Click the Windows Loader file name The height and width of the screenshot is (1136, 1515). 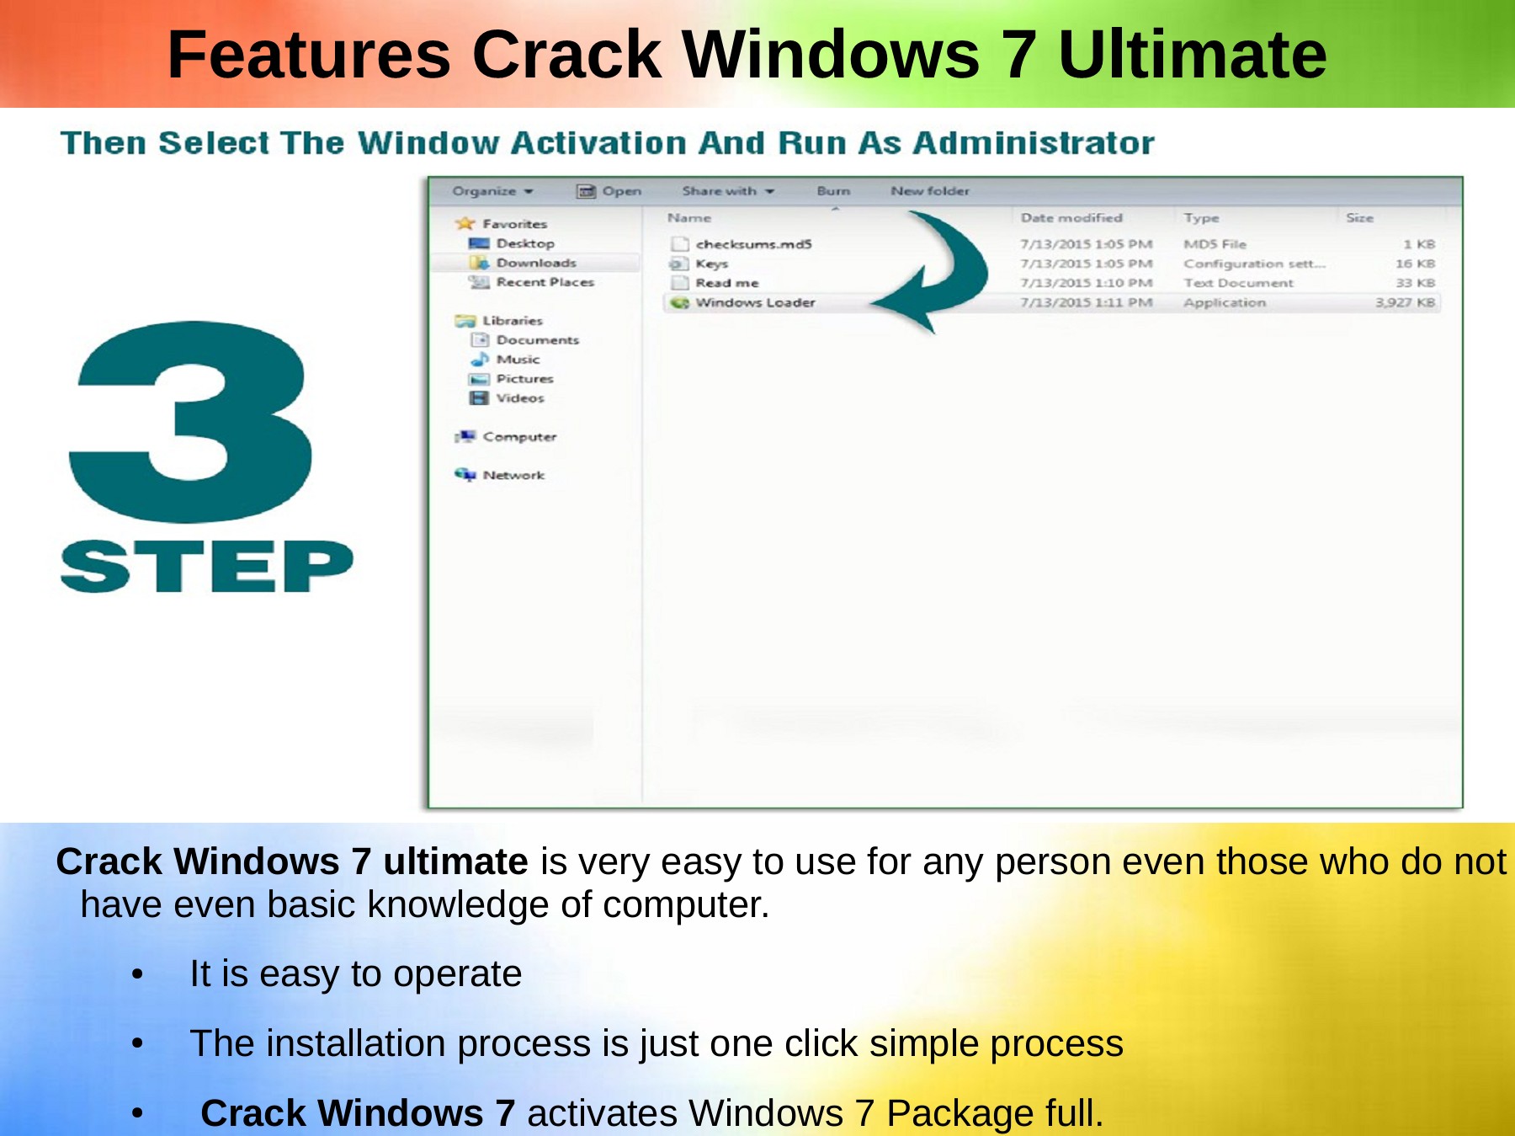(x=755, y=302)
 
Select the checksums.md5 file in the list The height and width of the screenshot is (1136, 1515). (x=753, y=244)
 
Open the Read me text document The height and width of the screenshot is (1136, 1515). (x=727, y=283)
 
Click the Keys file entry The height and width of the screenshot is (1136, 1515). (x=711, y=264)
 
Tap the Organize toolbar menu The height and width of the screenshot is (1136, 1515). (x=492, y=191)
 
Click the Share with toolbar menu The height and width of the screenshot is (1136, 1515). (x=728, y=191)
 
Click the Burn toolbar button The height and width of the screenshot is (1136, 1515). (x=833, y=191)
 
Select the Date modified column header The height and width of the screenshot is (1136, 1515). (x=1071, y=217)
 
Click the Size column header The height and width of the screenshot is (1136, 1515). (x=1359, y=217)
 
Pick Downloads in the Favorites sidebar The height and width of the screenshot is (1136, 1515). (x=536, y=263)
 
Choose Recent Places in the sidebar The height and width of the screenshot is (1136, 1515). (x=545, y=282)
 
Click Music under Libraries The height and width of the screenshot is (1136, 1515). (x=518, y=360)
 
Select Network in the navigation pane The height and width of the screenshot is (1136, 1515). (x=513, y=475)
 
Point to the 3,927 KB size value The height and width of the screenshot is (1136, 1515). (x=1405, y=302)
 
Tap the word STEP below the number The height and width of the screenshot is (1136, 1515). (x=206, y=566)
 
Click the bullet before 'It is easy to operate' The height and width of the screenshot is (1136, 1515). (x=137, y=974)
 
